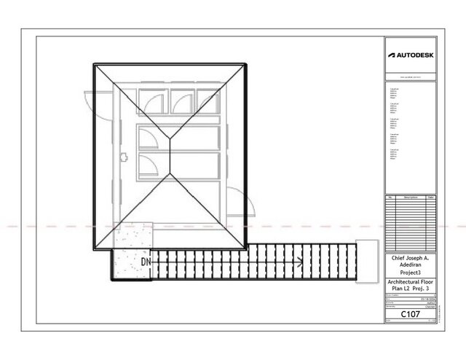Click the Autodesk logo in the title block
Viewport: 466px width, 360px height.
point(410,55)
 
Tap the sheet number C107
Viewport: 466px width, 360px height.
point(410,314)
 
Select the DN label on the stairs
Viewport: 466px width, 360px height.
point(146,261)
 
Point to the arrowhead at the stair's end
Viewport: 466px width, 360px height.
point(300,259)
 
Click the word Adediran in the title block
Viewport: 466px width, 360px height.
point(410,265)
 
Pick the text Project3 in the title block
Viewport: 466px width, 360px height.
point(410,273)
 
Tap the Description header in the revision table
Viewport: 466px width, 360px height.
point(410,197)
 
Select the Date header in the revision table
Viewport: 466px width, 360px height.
point(431,197)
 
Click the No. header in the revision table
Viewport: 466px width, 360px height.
point(390,197)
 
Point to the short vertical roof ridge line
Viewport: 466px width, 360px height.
point(169,154)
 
